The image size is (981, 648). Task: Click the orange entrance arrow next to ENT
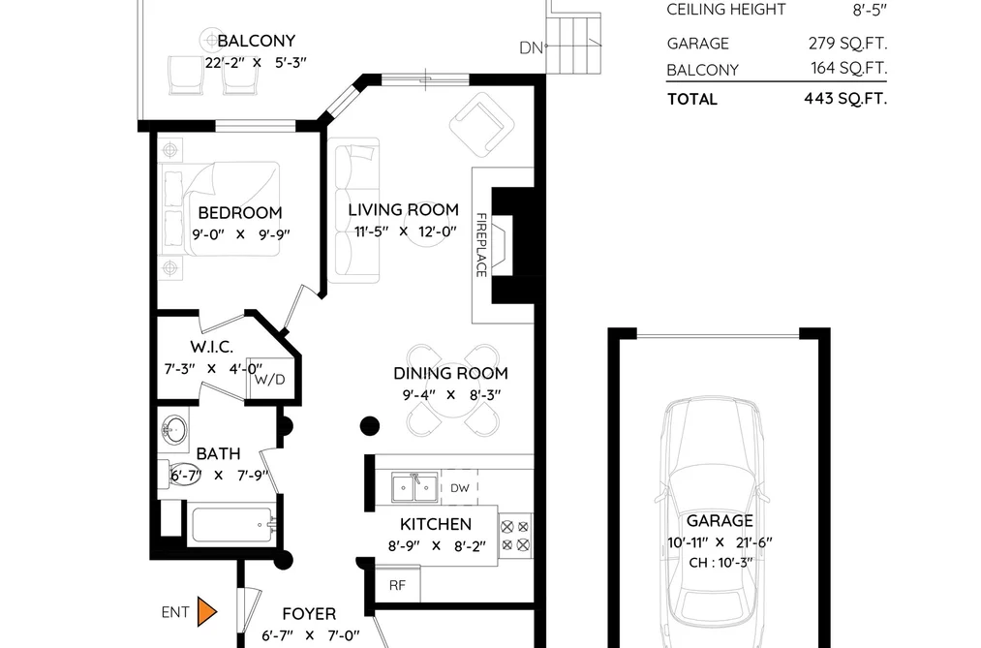click(x=206, y=612)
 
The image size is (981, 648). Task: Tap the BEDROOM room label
click(x=239, y=213)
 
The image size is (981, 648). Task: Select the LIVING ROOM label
click(x=403, y=209)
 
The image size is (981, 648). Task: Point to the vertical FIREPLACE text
click(x=481, y=244)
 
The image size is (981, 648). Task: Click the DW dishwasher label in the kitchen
click(x=459, y=488)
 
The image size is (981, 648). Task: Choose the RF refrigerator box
click(x=397, y=585)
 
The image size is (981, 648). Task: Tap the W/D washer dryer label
click(x=269, y=380)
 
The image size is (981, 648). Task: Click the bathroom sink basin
click(x=174, y=430)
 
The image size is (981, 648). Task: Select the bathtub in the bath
click(x=233, y=525)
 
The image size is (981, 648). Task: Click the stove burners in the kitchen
click(x=515, y=536)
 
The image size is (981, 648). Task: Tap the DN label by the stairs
click(x=531, y=47)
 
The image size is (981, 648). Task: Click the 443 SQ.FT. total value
click(x=845, y=99)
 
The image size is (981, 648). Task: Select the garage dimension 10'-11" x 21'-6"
click(x=720, y=542)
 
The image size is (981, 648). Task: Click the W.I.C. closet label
click(x=211, y=347)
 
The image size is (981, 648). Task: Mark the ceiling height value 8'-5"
click(x=870, y=10)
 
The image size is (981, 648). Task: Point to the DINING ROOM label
click(x=450, y=374)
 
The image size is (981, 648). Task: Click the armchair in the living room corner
click(x=481, y=125)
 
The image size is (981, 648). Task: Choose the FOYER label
click(x=309, y=613)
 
